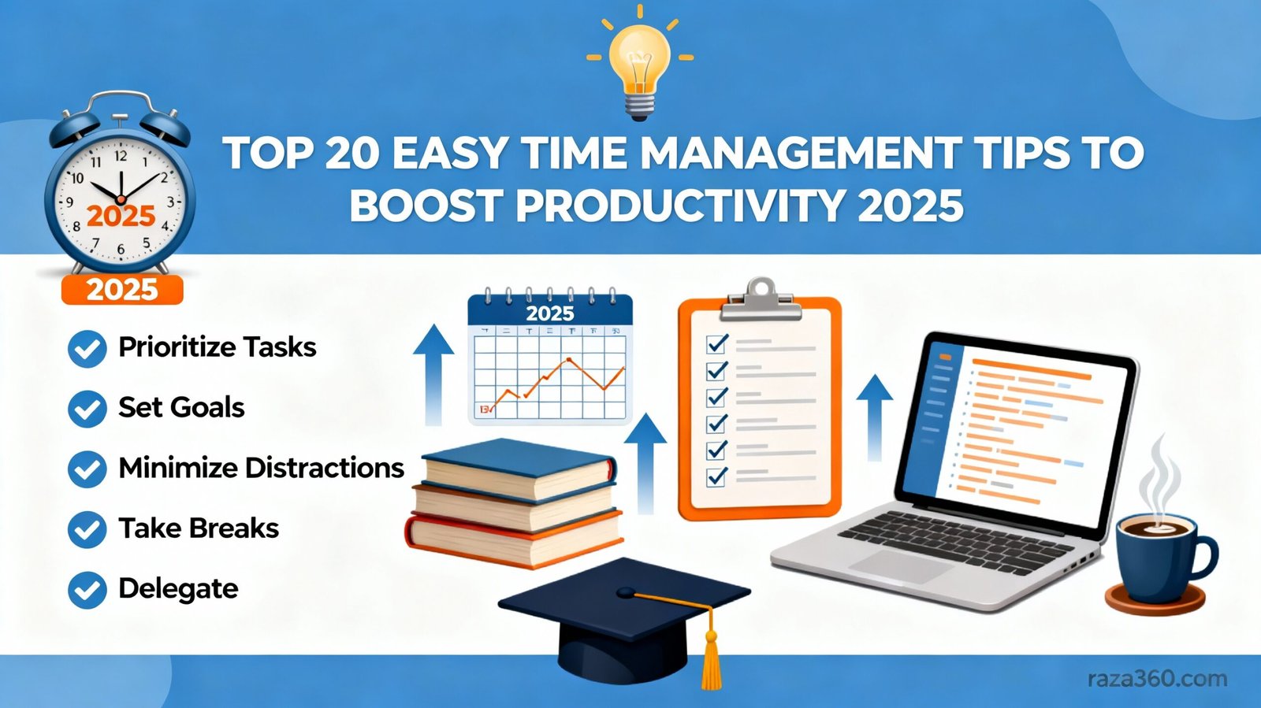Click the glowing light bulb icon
pyautogui.click(x=640, y=63)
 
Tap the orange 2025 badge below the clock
pyautogui.click(x=122, y=290)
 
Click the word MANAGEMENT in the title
pyautogui.click(x=798, y=154)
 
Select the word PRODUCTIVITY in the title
pyautogui.click(x=676, y=206)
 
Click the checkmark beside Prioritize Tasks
pyautogui.click(x=87, y=349)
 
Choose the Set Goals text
pyautogui.click(x=181, y=408)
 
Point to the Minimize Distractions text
pyautogui.click(x=261, y=469)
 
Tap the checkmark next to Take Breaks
pyautogui.click(x=87, y=530)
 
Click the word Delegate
pyautogui.click(x=178, y=589)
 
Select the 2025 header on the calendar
pyautogui.click(x=550, y=313)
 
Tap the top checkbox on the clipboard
pyautogui.click(x=717, y=344)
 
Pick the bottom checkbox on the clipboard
pyautogui.click(x=717, y=476)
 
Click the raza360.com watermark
pyautogui.click(x=1157, y=678)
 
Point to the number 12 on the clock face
pyautogui.click(x=121, y=157)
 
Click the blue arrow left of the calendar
pyautogui.click(x=433, y=374)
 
